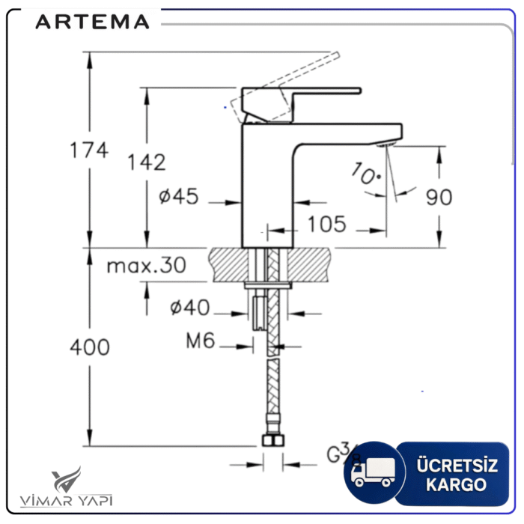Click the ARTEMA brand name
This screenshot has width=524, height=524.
click(92, 22)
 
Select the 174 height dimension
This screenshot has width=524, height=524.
click(89, 150)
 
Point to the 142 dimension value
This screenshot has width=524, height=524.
click(146, 162)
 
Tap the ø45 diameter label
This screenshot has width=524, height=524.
click(179, 197)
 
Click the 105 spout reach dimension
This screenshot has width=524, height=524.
click(326, 223)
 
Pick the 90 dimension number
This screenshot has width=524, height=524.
click(439, 197)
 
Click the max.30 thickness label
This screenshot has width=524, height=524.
click(145, 265)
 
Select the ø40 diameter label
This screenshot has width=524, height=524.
click(190, 307)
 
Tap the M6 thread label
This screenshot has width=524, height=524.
click(200, 341)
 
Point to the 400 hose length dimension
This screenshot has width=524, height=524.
click(89, 347)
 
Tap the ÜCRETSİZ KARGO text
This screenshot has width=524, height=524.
click(456, 475)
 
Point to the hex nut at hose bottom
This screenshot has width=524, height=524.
click(272, 441)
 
